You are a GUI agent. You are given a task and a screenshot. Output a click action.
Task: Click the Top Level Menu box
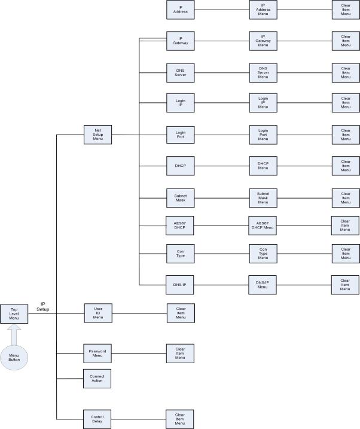pos(14,314)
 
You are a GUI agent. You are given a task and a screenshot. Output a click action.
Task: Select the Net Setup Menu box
pos(97,135)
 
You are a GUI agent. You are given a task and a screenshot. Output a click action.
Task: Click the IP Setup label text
pos(43,306)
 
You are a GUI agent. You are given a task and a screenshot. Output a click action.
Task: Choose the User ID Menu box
pos(97,314)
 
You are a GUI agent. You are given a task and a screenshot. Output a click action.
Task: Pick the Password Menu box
pos(97,353)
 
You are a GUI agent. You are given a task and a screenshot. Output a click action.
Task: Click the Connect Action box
pos(97,379)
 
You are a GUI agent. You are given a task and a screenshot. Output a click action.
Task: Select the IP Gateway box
pos(180,41)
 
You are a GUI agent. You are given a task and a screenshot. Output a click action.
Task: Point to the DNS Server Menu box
pos(263,73)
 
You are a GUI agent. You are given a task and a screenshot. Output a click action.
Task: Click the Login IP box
pos(180,103)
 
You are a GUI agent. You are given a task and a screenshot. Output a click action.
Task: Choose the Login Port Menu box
pos(263,135)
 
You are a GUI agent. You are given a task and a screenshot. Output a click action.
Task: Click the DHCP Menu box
pos(263,166)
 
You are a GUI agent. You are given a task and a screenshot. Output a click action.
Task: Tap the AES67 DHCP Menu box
pos(263,226)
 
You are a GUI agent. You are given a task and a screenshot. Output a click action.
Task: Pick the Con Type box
pos(180,252)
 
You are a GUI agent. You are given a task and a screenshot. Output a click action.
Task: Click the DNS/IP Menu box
pos(263,284)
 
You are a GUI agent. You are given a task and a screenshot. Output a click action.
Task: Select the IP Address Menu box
pos(263,10)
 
